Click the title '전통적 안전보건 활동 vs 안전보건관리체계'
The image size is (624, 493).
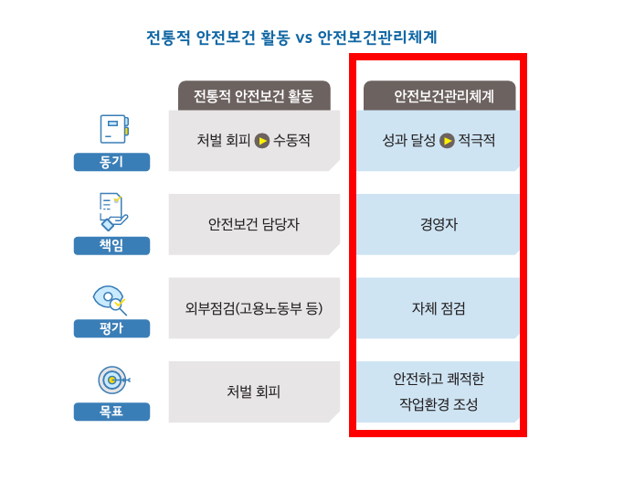[x=291, y=38]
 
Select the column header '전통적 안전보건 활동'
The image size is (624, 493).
[x=254, y=96]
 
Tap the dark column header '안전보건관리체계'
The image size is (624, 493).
[x=439, y=96]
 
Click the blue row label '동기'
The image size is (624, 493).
[x=111, y=162]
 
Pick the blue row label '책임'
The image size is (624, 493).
[x=111, y=245]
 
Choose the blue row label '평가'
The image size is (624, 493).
[x=111, y=328]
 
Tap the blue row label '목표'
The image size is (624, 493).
[x=111, y=412]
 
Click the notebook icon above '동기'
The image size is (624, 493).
[x=114, y=129]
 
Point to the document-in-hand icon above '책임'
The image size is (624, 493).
[x=113, y=211]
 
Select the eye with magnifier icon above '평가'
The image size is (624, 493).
[x=110, y=300]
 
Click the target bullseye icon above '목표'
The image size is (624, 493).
[x=114, y=380]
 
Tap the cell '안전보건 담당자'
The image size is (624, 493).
[x=254, y=224]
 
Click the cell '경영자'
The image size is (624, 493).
[x=439, y=224]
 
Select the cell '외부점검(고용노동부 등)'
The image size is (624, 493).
[x=254, y=308]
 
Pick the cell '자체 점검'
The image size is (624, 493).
[x=439, y=308]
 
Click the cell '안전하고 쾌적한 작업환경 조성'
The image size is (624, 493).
[x=439, y=391]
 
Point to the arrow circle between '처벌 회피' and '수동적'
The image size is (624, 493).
[x=262, y=141]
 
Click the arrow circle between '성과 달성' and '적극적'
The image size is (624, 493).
[x=447, y=141]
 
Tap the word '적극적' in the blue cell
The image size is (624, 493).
[x=477, y=140]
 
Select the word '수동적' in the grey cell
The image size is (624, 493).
[x=291, y=140]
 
